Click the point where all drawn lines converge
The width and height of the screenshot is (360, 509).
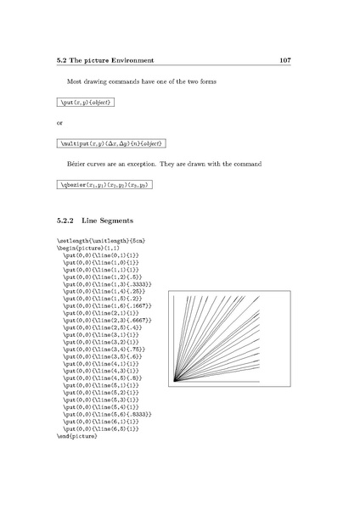coord(173,382)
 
